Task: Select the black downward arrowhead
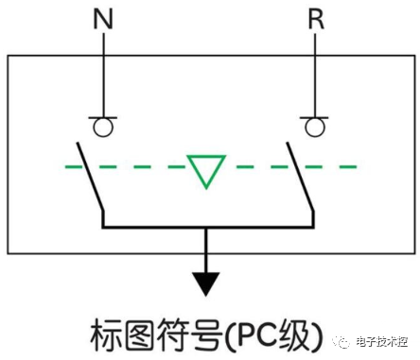pos(204,281)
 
